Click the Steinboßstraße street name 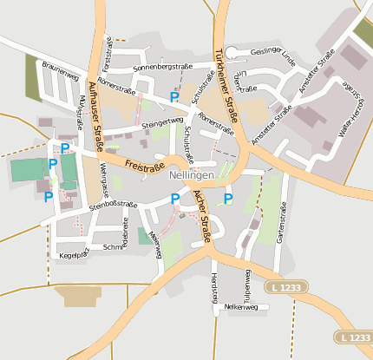pos(114,205)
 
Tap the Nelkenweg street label pos(240,306)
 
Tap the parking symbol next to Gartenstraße pos(228,199)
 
